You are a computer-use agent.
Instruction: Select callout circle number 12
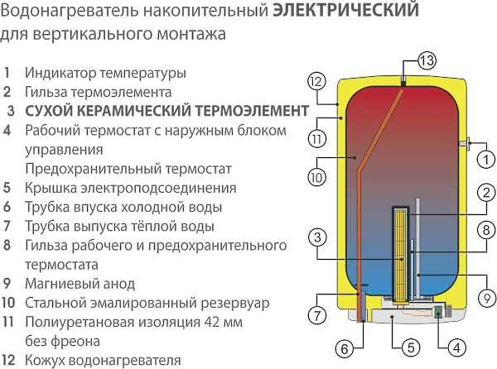click(x=314, y=81)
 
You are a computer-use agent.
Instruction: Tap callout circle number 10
click(x=316, y=175)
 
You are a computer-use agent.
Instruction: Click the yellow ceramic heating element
click(x=402, y=248)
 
